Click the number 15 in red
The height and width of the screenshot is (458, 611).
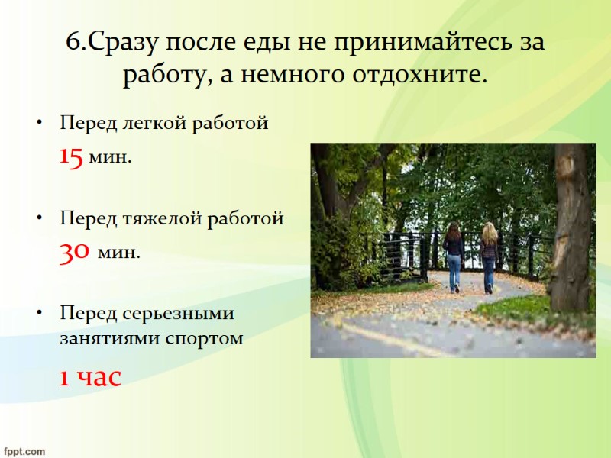point(71,158)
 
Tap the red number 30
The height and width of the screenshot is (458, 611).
point(75,252)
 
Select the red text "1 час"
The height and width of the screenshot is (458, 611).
point(91,376)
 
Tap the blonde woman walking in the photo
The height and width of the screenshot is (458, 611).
point(489,256)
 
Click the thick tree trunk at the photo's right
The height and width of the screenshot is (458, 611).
point(570,229)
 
